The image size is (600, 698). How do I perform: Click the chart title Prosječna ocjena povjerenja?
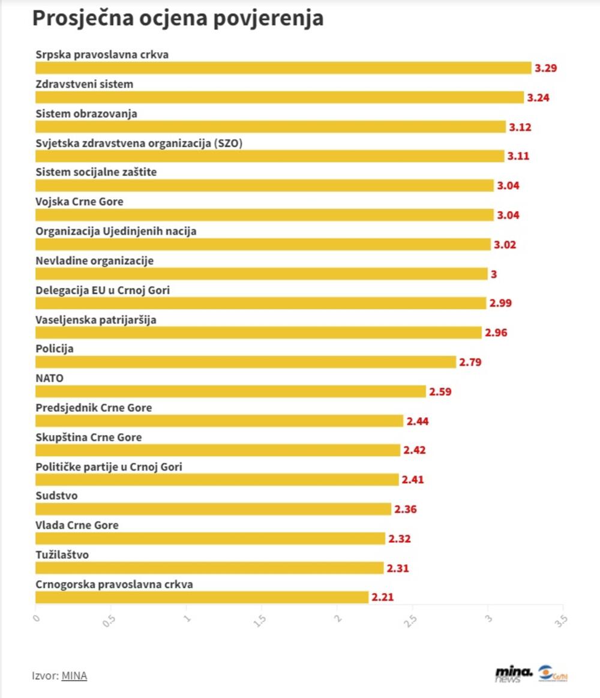click(178, 18)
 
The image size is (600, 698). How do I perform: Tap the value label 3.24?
click(538, 97)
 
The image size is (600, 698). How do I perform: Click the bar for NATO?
click(230, 391)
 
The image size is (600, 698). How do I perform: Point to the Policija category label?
click(55, 348)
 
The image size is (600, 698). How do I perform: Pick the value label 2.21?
click(383, 597)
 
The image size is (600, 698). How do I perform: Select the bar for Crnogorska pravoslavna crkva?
click(202, 597)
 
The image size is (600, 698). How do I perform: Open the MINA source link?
click(74, 676)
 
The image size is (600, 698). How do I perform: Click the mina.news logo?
click(514, 674)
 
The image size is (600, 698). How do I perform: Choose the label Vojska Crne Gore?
click(79, 201)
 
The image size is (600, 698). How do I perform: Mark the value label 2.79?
click(470, 362)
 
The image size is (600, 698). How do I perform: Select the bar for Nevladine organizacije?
click(261, 274)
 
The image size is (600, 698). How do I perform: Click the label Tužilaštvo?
click(62, 554)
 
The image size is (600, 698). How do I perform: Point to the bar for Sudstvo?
click(213, 509)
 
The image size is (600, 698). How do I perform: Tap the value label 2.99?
click(500, 303)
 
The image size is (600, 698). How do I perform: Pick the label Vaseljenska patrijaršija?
click(96, 319)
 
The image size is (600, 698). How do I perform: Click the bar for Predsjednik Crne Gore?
click(219, 421)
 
